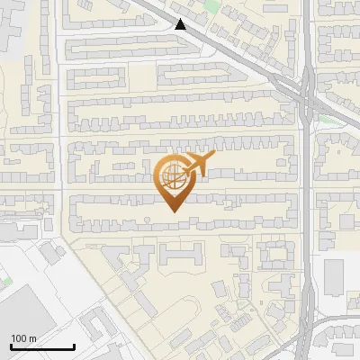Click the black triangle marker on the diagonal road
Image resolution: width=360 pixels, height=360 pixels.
click(182, 24)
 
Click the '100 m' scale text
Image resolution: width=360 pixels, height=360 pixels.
click(23, 337)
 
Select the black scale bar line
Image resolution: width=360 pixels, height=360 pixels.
click(42, 346)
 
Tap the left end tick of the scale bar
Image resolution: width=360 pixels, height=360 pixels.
click(11, 345)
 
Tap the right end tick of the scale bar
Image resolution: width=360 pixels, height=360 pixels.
click(74, 345)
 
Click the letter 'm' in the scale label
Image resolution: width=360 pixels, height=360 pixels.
click(33, 337)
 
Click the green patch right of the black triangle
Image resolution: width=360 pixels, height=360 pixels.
click(211, 7)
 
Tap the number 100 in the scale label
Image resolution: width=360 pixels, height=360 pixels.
click(19, 337)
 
